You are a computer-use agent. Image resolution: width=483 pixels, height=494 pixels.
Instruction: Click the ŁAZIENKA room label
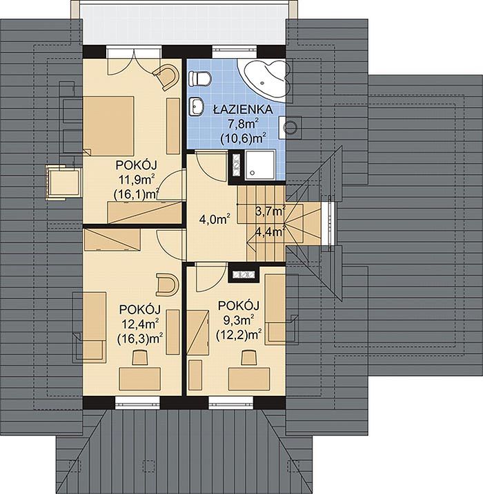pos(243,109)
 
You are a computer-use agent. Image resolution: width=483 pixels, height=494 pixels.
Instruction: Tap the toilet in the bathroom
pos(200,79)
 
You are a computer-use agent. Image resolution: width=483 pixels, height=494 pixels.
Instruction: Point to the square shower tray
pos(260,165)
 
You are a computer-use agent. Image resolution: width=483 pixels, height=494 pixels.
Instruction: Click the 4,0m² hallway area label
pos(214,219)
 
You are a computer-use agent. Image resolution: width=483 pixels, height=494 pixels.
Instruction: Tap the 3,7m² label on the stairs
pos(270,211)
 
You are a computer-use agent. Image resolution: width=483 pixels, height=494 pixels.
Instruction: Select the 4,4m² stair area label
pos(270,232)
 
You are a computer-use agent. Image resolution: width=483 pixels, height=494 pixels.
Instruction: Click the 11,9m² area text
pos(136,180)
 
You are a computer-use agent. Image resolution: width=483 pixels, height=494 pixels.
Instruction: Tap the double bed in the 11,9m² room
pos(108,126)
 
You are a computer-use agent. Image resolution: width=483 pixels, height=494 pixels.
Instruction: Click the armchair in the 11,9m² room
pos(166,77)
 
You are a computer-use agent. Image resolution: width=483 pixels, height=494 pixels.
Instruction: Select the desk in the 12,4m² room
pos(139,379)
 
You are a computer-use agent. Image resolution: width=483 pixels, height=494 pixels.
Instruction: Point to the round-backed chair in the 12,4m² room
pos(168,285)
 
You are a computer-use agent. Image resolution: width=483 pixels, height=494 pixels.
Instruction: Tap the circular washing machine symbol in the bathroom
pos(290,127)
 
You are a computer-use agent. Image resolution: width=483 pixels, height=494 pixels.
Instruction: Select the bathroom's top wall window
pos(235,52)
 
